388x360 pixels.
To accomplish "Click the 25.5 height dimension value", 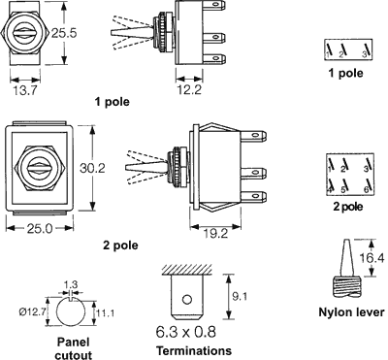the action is (x=64, y=33).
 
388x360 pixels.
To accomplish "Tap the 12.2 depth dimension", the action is (x=189, y=89).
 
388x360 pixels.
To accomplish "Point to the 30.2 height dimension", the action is (x=92, y=168).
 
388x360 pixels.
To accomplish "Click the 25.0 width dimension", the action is (x=40, y=229).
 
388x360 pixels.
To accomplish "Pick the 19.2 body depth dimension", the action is (x=216, y=233).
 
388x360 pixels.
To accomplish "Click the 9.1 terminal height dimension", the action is (x=240, y=296).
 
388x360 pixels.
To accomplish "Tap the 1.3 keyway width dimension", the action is (x=71, y=284).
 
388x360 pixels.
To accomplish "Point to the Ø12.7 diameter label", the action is (x=31, y=312).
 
